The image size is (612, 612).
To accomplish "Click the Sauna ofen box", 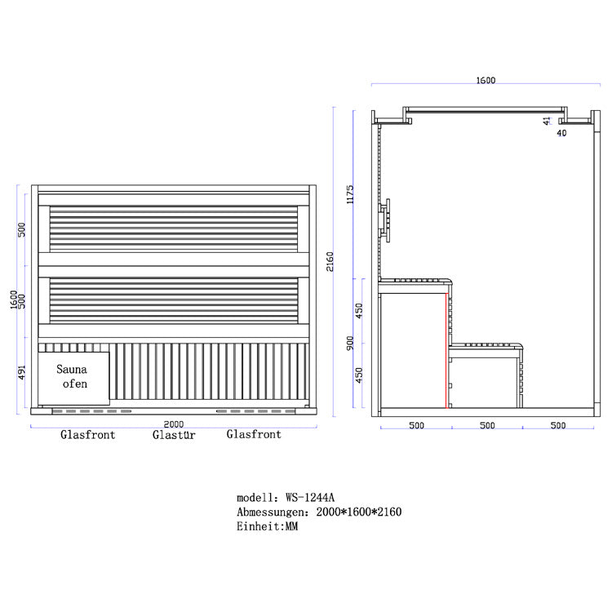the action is [x=73, y=378].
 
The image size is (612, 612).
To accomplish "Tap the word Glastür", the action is [x=174, y=435].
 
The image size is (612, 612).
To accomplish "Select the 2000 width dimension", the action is [x=174, y=424].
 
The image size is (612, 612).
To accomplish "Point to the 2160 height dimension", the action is [x=330, y=261].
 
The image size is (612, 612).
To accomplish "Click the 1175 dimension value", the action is [x=350, y=194].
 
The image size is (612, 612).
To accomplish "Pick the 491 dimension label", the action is [x=22, y=372].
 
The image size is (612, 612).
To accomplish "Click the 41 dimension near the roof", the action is [x=547, y=121].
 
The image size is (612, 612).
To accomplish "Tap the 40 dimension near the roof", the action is [x=561, y=133].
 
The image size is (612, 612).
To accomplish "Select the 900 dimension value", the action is [x=350, y=343].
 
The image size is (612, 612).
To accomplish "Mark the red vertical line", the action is [x=446, y=351].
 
